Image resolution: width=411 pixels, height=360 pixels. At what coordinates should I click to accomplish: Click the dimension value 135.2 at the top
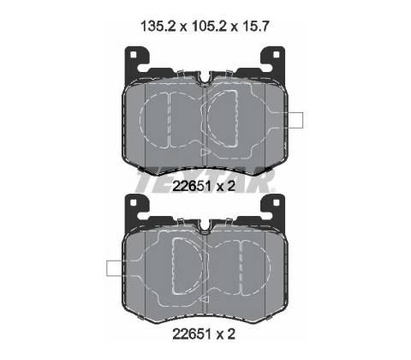(159, 27)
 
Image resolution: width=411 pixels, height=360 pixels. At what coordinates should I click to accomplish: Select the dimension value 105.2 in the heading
(210, 27)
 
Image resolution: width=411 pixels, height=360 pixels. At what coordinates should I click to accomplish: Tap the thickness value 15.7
(255, 27)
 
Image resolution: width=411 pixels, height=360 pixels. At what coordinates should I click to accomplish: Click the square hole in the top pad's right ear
(276, 54)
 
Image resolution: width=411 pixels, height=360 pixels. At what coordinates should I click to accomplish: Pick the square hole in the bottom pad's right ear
(276, 202)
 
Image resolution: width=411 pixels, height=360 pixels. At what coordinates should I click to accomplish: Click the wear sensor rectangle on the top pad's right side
(295, 120)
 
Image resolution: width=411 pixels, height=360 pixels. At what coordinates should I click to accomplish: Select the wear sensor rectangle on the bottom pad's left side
(114, 268)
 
